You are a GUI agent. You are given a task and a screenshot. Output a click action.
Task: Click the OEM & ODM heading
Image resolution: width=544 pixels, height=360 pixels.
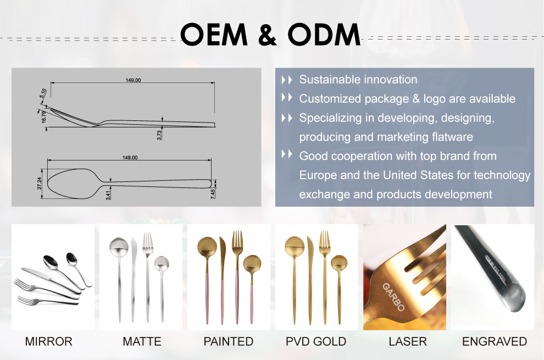tap(270, 35)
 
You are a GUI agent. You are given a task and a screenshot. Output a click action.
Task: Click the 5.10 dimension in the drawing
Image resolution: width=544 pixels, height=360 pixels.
tap(43, 94)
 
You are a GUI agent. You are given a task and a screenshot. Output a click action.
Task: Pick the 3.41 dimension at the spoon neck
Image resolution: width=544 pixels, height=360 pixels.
tap(108, 193)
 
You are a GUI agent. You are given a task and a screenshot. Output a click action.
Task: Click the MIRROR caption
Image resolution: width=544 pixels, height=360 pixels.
tap(48, 342)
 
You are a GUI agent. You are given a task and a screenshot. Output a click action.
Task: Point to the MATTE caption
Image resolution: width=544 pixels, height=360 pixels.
tap(142, 342)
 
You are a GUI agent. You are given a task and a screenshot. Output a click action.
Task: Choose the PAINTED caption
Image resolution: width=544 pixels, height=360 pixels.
tap(229, 342)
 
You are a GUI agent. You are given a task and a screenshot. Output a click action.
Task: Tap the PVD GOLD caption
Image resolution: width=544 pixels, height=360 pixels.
tap(316, 342)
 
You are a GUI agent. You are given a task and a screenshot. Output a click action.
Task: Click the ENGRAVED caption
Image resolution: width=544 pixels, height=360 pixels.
tap(495, 342)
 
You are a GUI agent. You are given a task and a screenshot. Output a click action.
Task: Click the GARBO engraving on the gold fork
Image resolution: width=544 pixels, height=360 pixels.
tap(393, 297)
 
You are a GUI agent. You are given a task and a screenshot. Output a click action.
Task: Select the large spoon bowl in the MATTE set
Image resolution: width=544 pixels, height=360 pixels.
tap(119, 246)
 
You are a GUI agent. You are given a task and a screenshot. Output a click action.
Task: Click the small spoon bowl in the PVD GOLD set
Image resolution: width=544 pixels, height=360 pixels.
tap(339, 263)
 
